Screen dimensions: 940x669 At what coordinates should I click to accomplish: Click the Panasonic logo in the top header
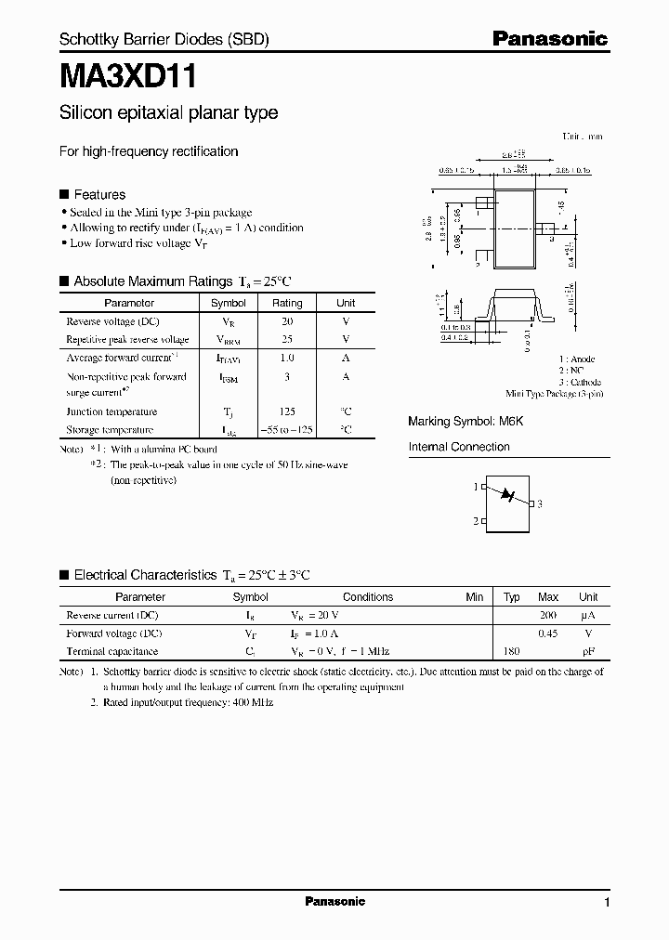[x=549, y=39]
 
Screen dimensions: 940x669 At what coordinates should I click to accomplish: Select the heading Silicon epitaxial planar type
[x=168, y=113]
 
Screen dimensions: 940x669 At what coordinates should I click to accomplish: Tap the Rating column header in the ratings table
[x=287, y=303]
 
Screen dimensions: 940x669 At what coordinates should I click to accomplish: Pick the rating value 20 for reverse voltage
[x=287, y=320]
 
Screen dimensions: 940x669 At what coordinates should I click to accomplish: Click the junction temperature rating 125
[x=287, y=411]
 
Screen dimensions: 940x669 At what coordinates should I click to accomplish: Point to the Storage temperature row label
[x=110, y=430]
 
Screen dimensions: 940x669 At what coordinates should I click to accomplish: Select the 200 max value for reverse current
[x=548, y=616]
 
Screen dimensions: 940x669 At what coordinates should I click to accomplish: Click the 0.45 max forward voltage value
[x=548, y=633]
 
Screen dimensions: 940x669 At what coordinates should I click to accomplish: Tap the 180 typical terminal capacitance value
[x=511, y=652]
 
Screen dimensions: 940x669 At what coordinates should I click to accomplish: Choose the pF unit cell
[x=588, y=652]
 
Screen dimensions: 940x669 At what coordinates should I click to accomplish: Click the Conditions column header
[x=368, y=597]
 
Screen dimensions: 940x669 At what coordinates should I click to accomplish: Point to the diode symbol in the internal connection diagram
[x=507, y=495]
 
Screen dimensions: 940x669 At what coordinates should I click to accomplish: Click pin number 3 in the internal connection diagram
[x=539, y=503]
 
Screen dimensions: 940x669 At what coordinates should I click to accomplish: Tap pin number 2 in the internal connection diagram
[x=475, y=521]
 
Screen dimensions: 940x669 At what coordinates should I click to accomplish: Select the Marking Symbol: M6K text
[x=466, y=422]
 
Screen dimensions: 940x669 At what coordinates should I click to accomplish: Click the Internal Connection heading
[x=459, y=447]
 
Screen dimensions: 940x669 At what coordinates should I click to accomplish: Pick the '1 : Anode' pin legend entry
[x=577, y=359]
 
